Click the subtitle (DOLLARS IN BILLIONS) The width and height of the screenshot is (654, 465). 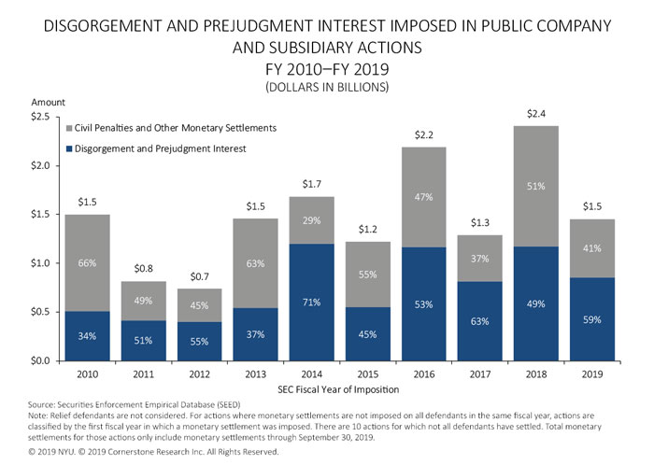pos(326,85)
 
